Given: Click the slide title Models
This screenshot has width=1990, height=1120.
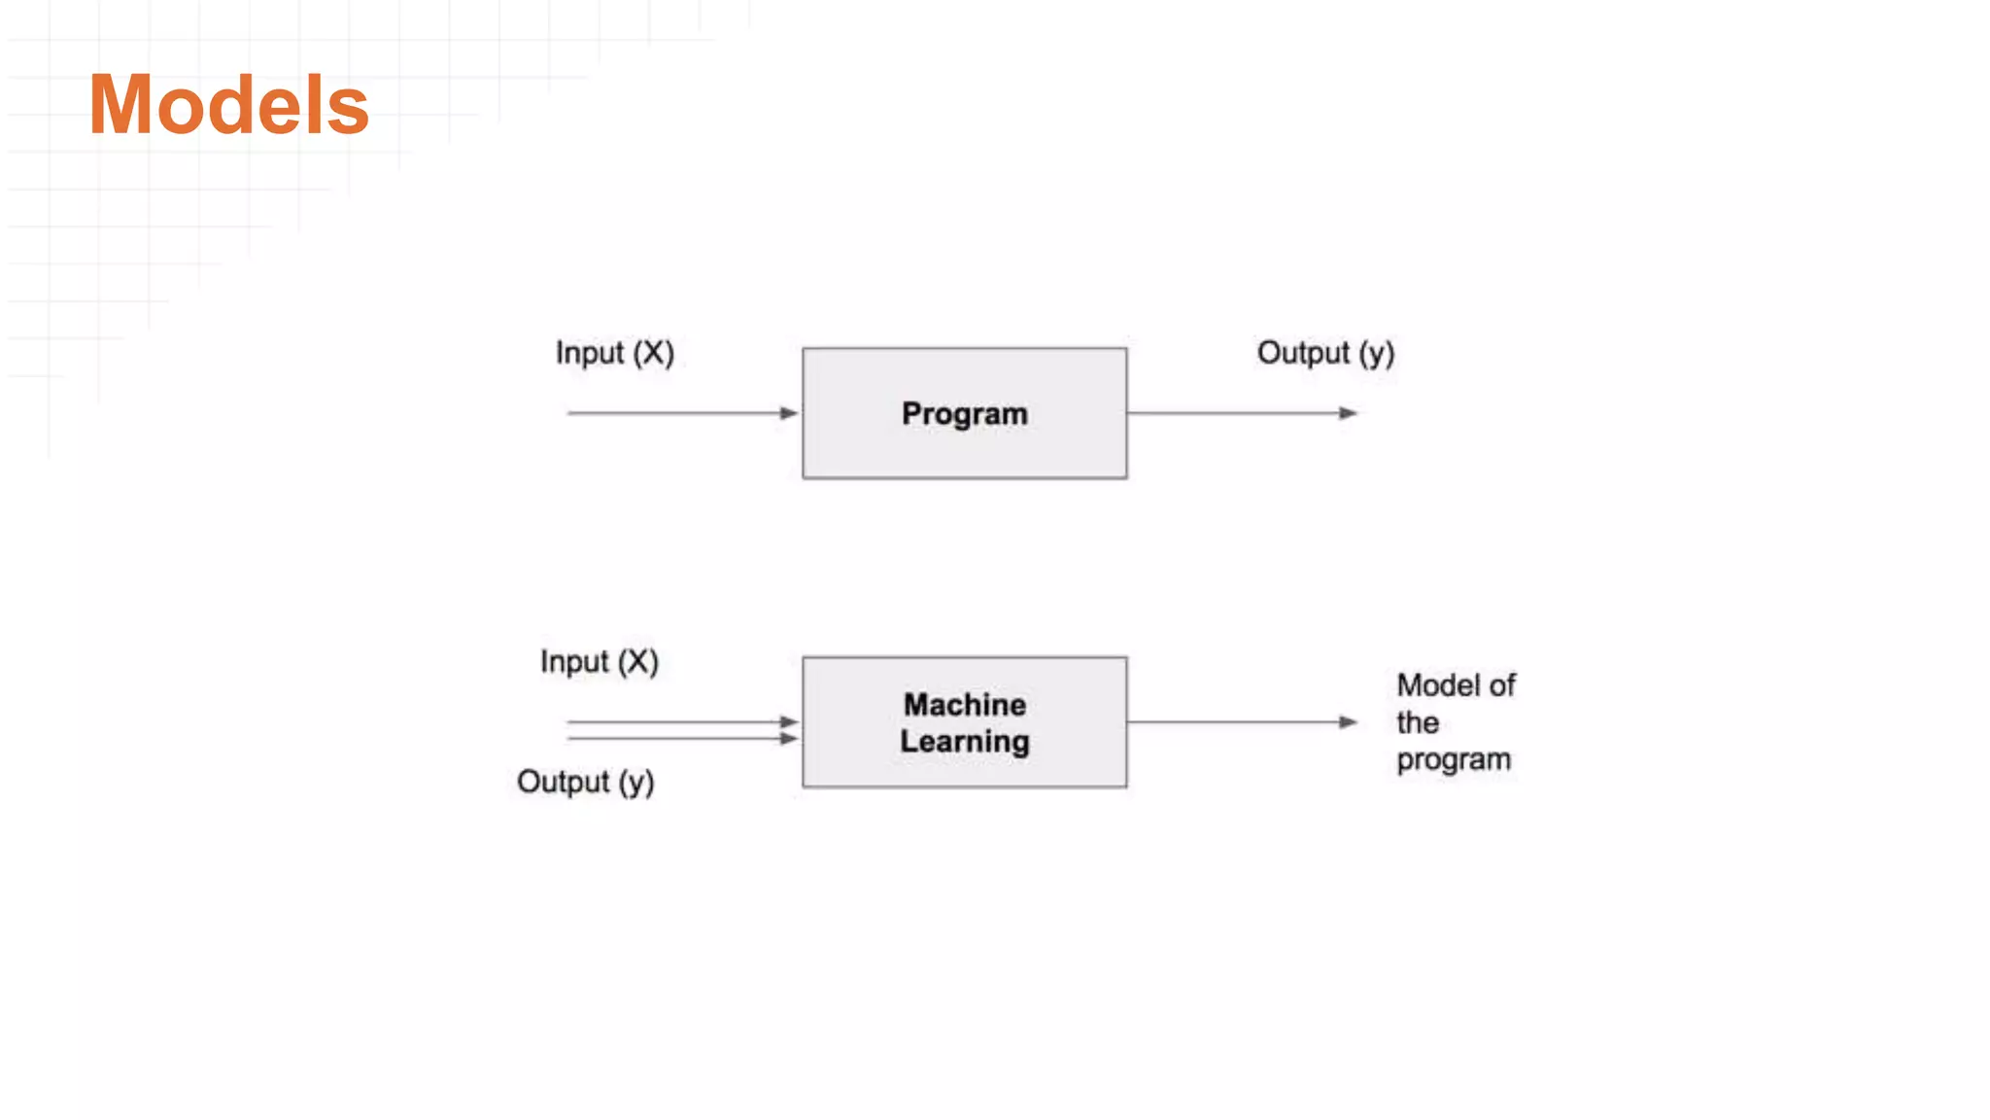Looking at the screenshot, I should pos(228,105).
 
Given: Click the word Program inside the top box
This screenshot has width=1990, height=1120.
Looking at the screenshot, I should pos(964,414).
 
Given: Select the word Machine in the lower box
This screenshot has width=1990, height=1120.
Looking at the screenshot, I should pos(964,704).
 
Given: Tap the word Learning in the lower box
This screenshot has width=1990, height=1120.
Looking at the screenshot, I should pos(964,742).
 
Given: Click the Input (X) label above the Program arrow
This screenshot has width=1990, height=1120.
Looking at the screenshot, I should pos(614,353).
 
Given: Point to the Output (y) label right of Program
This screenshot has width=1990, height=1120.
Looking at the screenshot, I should pos(1325,353).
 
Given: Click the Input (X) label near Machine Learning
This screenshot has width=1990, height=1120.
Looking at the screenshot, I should pos(599,662).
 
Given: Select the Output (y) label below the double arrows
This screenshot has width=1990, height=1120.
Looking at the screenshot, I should pos(585,782).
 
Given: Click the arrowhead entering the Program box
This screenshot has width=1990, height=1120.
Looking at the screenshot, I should pos(789,413).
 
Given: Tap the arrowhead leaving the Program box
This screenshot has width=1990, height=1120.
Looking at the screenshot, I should pos(1348,413).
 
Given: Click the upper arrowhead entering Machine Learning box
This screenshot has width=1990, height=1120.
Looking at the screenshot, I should pos(789,721).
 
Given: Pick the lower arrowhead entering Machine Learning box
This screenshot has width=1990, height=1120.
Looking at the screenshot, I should pos(789,739).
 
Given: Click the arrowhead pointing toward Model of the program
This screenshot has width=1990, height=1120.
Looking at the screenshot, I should pos(1348,721).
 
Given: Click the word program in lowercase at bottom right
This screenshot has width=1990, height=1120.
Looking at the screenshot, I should pos(1454,760).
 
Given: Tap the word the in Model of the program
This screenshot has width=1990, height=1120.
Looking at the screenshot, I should pos(1418,723).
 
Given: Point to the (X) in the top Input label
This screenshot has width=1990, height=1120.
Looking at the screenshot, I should pos(653,353).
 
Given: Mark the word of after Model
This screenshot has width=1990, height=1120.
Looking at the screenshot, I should pos(1502,685).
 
